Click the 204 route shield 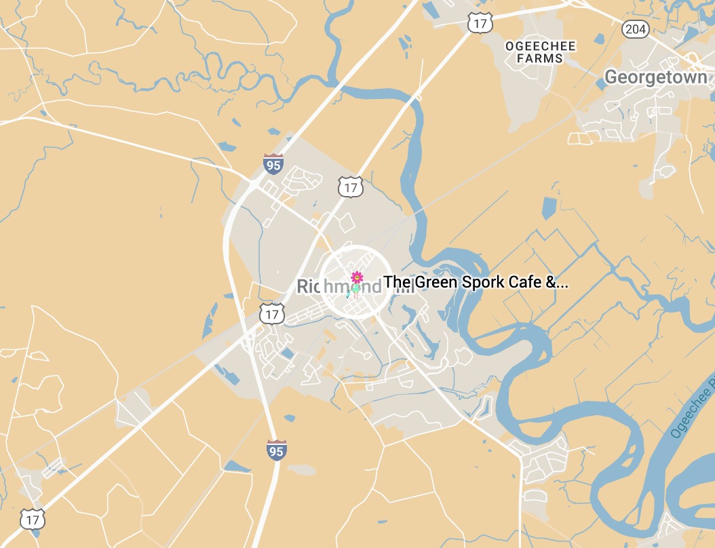click(635, 28)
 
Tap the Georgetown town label click(655, 77)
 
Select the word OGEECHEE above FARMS click(541, 46)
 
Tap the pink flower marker click(356, 277)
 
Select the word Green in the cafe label click(432, 282)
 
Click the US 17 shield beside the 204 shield click(479, 24)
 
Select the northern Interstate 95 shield click(274, 164)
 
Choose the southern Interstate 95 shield click(276, 450)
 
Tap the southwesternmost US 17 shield click(33, 520)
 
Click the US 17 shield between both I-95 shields click(272, 313)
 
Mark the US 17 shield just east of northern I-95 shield click(351, 187)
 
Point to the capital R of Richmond click(303, 288)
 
